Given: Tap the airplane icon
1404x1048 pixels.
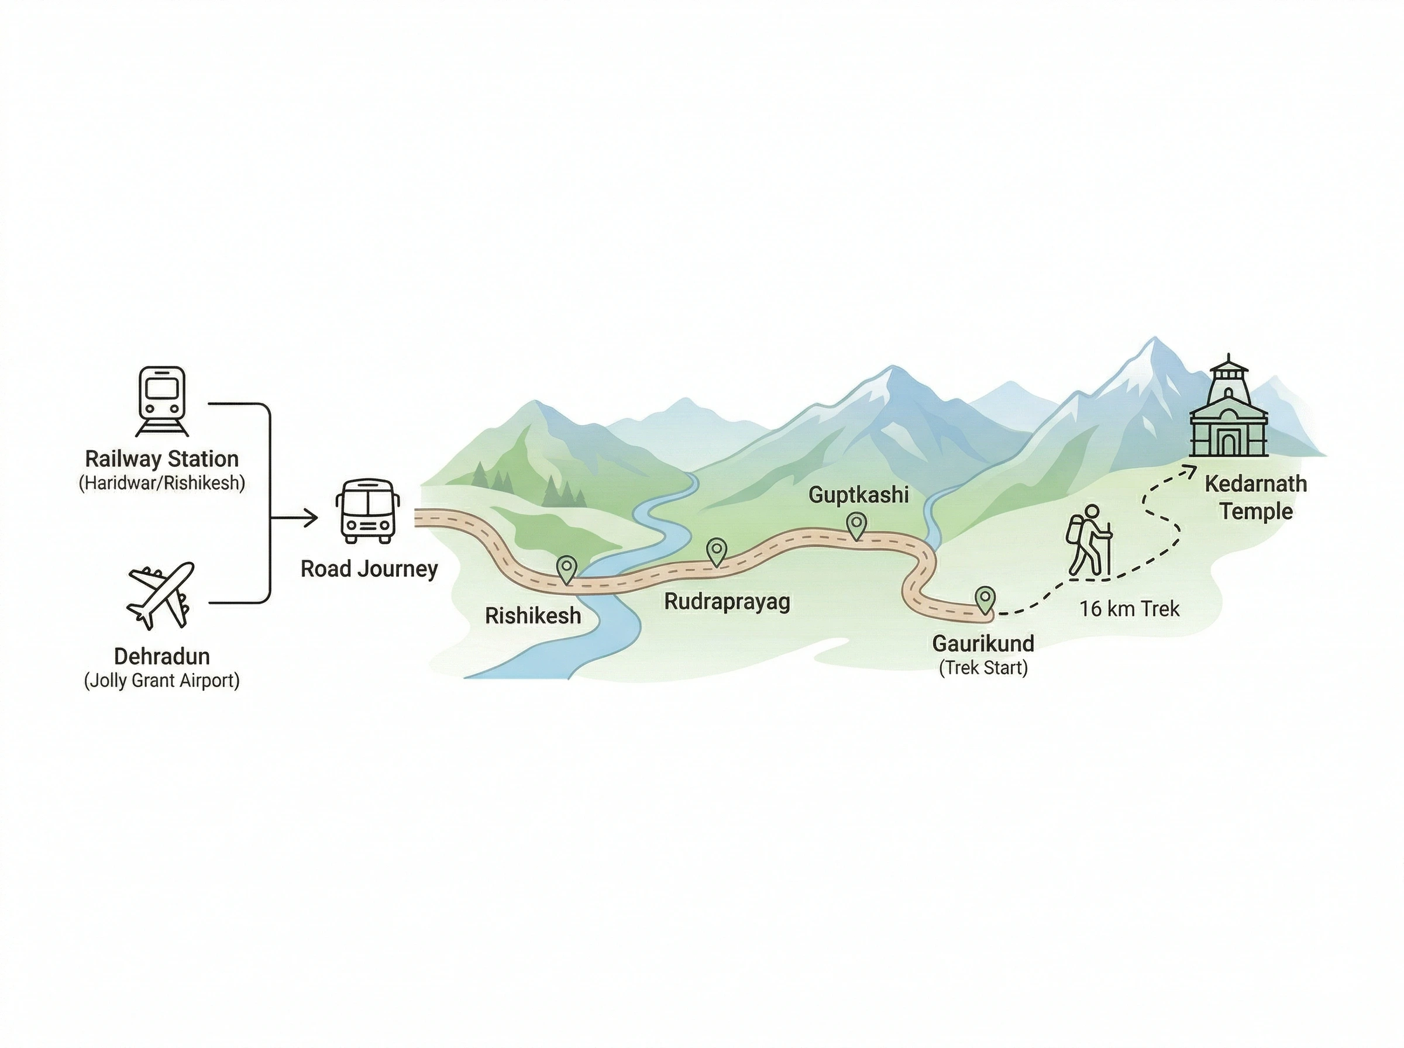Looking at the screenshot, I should pyautogui.click(x=160, y=594).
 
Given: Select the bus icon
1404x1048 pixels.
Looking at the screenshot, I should pyautogui.click(x=367, y=511).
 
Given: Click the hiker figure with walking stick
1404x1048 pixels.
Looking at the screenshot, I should pyautogui.click(x=1089, y=540).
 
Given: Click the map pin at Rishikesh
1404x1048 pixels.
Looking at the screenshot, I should pyautogui.click(x=566, y=568).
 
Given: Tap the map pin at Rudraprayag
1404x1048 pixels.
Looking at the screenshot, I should pyautogui.click(x=716, y=551).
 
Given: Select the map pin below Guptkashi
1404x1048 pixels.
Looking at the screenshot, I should pyautogui.click(x=856, y=525).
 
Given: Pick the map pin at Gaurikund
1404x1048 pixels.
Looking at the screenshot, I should pyautogui.click(x=985, y=598).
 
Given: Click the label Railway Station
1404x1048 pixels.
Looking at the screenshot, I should pyautogui.click(x=162, y=458).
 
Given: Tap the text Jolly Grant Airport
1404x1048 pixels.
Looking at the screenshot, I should pyautogui.click(x=162, y=681).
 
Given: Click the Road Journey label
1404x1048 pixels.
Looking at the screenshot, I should pyautogui.click(x=369, y=569).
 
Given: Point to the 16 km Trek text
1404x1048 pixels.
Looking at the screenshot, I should pyautogui.click(x=1129, y=609).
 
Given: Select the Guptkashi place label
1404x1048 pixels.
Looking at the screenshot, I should pyautogui.click(x=858, y=495).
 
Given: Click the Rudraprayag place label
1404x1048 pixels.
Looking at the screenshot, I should pyautogui.click(x=727, y=601).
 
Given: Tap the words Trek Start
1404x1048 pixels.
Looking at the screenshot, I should pyautogui.click(x=983, y=667).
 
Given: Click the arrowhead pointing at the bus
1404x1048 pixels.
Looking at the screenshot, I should pyautogui.click(x=311, y=518).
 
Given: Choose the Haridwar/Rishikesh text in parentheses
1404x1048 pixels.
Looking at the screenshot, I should pyautogui.click(x=162, y=484).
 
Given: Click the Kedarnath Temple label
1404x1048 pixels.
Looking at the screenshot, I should pyautogui.click(x=1255, y=497).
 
